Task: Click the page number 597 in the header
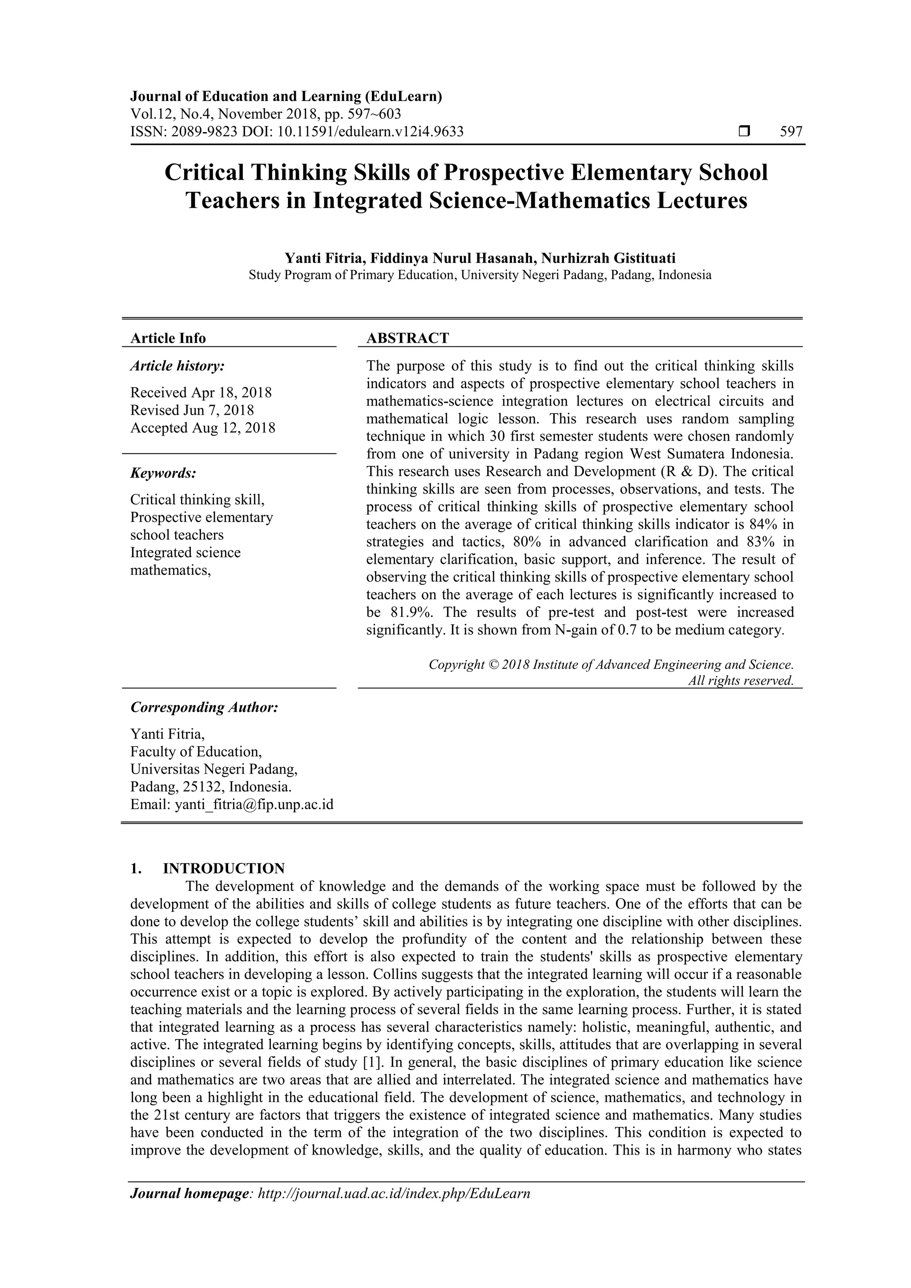coord(791,132)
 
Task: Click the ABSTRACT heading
coord(407,338)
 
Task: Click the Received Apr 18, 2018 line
coord(201,392)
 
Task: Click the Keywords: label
coord(163,473)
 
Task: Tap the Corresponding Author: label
coord(204,707)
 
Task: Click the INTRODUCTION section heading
coord(223,868)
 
